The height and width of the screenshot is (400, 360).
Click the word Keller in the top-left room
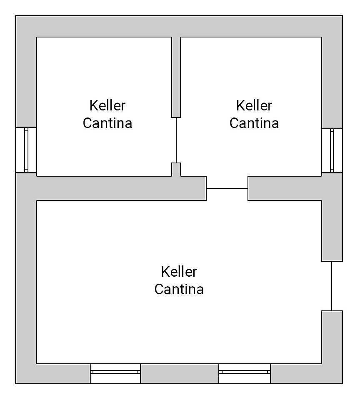(107, 105)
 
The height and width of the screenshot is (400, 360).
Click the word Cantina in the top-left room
(107, 123)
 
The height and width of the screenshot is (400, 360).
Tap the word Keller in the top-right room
(254, 105)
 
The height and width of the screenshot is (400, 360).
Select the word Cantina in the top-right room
(254, 123)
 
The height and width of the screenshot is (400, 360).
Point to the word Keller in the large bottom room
(179, 272)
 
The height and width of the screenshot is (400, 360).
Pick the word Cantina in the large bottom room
(179, 289)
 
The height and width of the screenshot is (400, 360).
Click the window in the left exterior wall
(26, 150)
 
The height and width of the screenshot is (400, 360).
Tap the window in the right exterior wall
(332, 150)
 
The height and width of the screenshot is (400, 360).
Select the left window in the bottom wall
(115, 373)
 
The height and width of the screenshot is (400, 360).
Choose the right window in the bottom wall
(245, 373)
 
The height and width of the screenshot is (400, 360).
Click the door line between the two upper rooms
(176, 140)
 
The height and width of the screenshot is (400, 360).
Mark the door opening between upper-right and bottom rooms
(227, 188)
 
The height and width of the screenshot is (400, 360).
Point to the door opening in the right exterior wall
(332, 286)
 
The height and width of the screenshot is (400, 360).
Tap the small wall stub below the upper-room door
(176, 169)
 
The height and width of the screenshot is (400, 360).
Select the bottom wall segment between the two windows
(180, 373)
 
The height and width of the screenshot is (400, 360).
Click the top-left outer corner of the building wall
(17, 17)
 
